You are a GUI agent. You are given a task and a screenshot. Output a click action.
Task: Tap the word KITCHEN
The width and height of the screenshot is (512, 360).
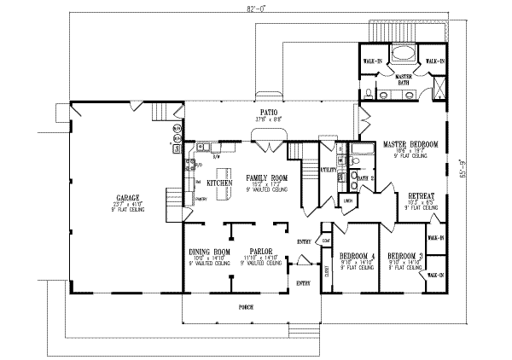220,183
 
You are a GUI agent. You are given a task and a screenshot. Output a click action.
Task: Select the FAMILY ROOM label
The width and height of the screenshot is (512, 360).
265,178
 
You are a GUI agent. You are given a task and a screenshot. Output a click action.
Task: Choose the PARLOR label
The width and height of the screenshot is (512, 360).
259,253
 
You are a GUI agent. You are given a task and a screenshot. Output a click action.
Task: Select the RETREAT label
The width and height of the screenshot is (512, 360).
421,195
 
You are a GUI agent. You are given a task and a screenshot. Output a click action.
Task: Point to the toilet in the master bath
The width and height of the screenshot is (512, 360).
365,93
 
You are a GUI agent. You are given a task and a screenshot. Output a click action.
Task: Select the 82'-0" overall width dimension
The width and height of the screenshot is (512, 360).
248,7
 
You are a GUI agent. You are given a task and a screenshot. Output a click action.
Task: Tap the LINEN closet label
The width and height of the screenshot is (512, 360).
348,200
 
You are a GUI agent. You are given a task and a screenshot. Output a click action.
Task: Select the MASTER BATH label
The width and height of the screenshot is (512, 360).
400,78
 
